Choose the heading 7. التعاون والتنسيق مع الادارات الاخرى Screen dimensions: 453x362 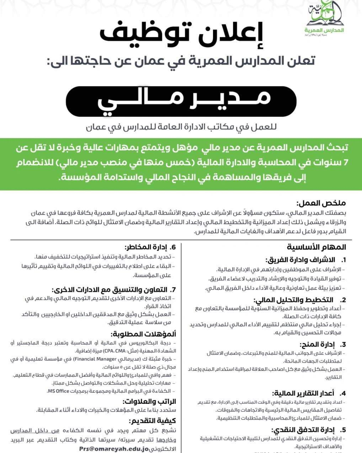pyautogui.click(x=119, y=289)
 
